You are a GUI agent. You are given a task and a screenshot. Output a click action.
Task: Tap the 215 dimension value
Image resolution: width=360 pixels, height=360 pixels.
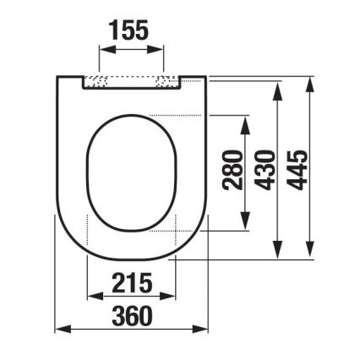pos(132,283)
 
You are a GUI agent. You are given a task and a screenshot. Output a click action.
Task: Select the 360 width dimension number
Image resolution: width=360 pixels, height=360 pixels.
pos(132,315)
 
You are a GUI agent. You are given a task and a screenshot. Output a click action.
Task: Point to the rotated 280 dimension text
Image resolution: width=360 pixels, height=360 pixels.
pos(236,168)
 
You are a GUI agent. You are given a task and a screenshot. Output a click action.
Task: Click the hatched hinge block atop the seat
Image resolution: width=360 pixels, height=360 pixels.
pos(131,82)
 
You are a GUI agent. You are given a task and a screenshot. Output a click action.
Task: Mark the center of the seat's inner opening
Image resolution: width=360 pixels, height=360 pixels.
pos(131,172)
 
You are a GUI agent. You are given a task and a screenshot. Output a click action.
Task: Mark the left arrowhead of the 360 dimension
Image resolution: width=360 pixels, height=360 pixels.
pos(60,330)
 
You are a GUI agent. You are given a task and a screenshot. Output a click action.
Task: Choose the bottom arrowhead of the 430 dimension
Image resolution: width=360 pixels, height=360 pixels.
pos(278,251)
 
